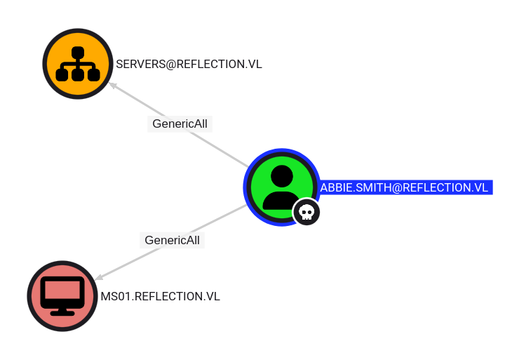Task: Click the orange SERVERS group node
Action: tap(78, 64)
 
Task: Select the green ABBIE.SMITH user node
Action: tap(281, 187)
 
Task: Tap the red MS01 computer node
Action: tap(62, 296)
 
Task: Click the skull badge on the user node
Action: tap(307, 212)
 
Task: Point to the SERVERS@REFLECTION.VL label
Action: tap(189, 64)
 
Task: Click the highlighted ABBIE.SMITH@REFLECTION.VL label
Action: tap(406, 187)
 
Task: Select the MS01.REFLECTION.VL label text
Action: tap(161, 296)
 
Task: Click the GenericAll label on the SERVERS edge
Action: tap(180, 124)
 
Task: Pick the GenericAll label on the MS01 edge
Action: tap(172, 240)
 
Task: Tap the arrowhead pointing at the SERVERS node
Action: tap(113, 85)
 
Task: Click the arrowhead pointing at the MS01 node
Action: tap(99, 277)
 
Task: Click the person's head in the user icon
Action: tap(282, 176)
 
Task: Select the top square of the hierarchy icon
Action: tap(78, 53)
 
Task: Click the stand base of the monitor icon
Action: tap(62, 312)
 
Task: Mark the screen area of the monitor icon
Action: tap(62, 290)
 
